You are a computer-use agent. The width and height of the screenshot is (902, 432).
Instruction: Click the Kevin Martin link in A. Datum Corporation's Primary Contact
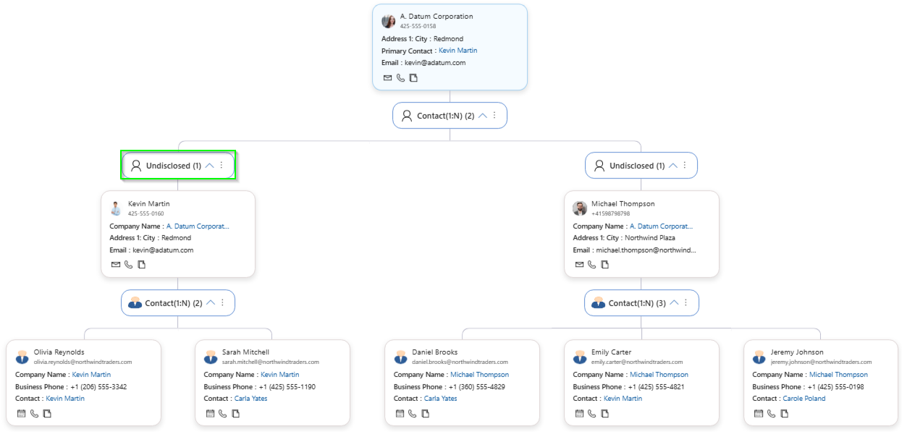click(458, 51)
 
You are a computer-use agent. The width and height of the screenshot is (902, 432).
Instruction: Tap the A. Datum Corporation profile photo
click(389, 21)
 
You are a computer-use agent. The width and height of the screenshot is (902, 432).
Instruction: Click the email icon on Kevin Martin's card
click(116, 265)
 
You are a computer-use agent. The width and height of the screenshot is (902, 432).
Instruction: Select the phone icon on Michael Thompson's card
click(591, 265)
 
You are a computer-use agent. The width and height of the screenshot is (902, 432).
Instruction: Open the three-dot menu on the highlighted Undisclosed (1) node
click(222, 166)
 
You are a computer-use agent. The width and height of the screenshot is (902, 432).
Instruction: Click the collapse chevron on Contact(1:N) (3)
click(673, 302)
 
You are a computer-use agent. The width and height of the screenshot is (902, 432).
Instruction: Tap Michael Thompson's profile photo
click(580, 208)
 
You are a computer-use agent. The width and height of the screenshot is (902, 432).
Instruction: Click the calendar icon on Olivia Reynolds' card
click(21, 414)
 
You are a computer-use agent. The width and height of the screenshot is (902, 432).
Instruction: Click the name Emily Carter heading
click(611, 352)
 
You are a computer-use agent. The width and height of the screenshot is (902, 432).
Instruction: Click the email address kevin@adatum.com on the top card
click(434, 63)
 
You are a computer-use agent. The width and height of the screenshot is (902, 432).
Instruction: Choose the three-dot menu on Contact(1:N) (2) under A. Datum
click(494, 115)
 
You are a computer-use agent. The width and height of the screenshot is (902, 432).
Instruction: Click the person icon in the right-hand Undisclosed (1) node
click(599, 166)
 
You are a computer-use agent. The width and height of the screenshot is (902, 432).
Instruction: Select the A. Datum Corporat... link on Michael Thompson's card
click(661, 226)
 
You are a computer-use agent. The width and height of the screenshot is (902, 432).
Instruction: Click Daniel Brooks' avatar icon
click(400, 357)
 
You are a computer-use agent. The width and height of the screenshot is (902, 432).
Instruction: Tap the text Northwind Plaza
click(650, 237)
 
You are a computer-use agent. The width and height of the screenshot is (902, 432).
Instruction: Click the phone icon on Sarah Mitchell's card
click(223, 414)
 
